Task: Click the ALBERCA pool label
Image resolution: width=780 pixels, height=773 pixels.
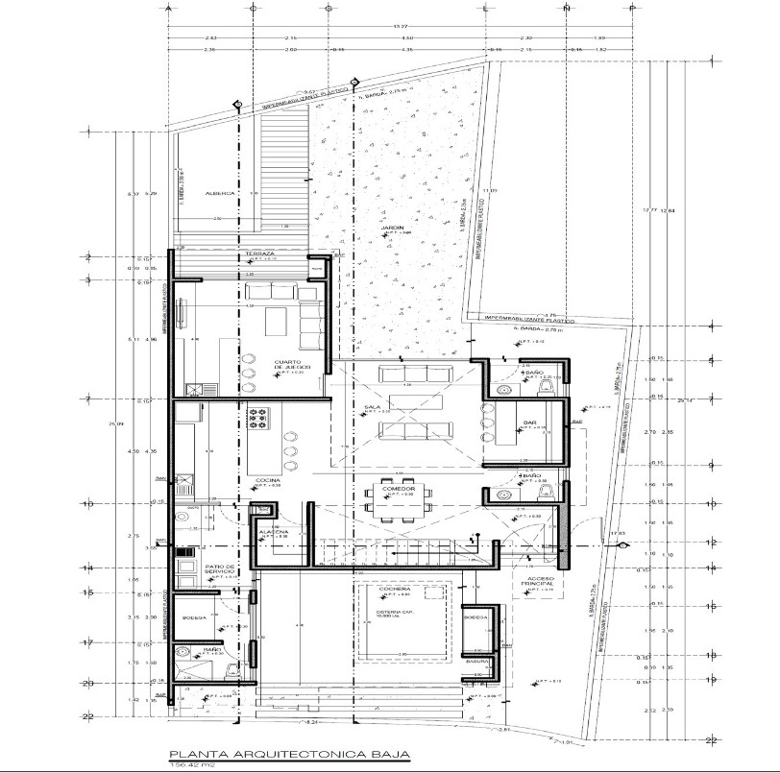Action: click(219, 193)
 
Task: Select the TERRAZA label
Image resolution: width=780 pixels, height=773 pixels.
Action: click(259, 254)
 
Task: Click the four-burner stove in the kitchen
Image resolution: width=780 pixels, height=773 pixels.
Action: click(258, 418)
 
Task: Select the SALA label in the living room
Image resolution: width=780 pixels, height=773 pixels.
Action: click(372, 407)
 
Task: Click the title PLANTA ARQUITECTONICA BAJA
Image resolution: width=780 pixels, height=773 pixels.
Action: click(288, 754)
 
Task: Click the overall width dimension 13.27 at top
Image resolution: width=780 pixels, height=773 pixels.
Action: click(397, 25)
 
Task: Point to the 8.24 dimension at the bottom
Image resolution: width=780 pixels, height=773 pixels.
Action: click(312, 720)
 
